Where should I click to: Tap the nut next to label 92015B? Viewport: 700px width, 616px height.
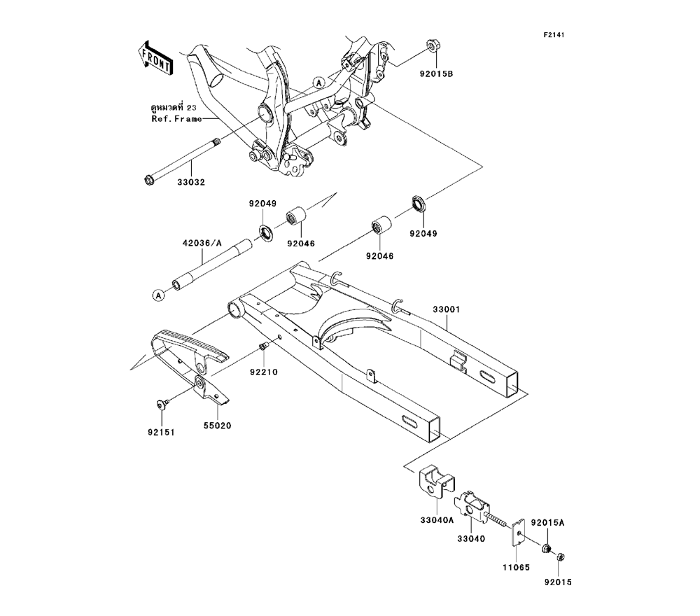pyautogui.click(x=431, y=48)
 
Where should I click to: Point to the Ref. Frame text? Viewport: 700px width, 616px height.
pyautogui.click(x=176, y=118)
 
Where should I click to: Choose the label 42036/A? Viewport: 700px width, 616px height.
pyautogui.click(x=202, y=244)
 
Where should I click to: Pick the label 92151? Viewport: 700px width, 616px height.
pyautogui.click(x=160, y=433)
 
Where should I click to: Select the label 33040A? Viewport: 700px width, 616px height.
pyautogui.click(x=437, y=520)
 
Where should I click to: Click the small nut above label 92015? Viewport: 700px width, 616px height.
pyautogui.click(x=561, y=557)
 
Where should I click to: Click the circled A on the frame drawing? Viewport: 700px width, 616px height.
pyautogui.click(x=318, y=83)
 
